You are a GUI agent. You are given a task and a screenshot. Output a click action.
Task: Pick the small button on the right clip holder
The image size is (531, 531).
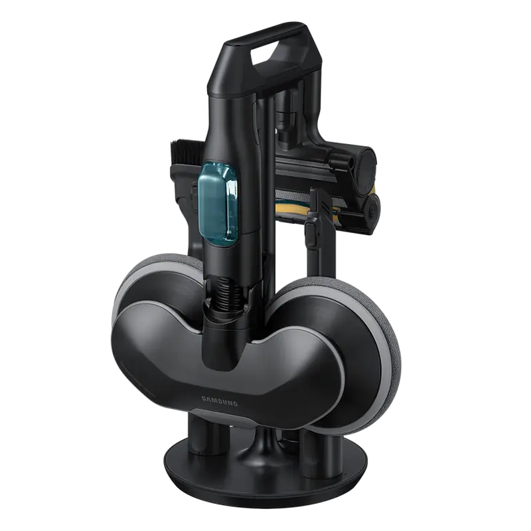(311, 232)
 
